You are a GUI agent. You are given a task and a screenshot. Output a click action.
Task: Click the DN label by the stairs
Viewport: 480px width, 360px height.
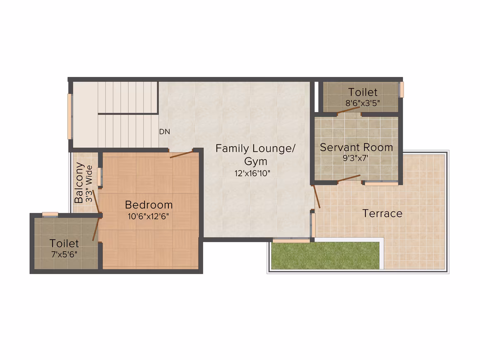pyautogui.click(x=164, y=132)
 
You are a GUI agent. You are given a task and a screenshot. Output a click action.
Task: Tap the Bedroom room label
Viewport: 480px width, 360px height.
pyautogui.click(x=149, y=205)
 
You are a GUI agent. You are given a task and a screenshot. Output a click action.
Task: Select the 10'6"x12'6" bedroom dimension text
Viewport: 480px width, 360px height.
pyautogui.click(x=148, y=216)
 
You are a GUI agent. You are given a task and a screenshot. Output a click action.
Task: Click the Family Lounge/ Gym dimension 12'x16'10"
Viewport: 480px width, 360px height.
pyautogui.click(x=252, y=173)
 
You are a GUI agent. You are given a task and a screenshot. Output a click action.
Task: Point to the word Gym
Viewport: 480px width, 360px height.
pyautogui.click(x=256, y=161)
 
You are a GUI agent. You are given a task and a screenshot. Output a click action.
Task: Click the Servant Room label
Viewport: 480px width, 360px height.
pyautogui.click(x=356, y=147)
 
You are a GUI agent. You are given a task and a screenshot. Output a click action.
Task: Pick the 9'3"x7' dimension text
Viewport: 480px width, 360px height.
pyautogui.click(x=355, y=158)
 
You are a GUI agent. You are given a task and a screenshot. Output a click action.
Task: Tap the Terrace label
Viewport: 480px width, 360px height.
pyautogui.click(x=382, y=214)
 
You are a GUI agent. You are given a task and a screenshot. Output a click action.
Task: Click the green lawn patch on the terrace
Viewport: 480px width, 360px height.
pyautogui.click(x=325, y=256)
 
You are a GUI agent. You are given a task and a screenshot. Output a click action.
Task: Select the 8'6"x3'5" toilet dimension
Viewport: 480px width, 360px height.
pyautogui.click(x=362, y=103)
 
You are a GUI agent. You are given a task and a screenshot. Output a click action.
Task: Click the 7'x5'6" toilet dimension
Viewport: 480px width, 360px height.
pyautogui.click(x=64, y=254)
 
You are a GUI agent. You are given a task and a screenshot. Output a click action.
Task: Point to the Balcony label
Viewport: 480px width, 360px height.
pyautogui.click(x=79, y=183)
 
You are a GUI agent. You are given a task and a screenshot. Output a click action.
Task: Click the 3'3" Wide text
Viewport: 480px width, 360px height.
pyautogui.click(x=89, y=184)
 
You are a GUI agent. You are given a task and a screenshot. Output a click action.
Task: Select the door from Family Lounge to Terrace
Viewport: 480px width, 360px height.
pyautogui.click(x=317, y=197)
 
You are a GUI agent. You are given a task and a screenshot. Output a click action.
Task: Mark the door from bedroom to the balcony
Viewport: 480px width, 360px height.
pyautogui.click(x=96, y=201)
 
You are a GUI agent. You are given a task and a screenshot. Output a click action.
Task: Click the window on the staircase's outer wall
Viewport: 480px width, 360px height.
pyautogui.click(x=70, y=117)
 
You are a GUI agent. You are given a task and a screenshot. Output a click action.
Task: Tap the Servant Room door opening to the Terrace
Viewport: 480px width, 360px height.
pyautogui.click(x=349, y=178)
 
